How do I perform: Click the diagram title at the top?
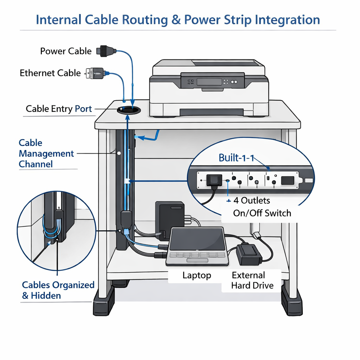(178, 19)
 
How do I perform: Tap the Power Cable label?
(66, 51)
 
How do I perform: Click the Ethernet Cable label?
(50, 73)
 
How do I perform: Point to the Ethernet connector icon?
(96, 73)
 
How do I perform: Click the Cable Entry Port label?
(59, 109)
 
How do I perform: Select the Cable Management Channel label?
(46, 154)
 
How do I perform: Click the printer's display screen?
(209, 82)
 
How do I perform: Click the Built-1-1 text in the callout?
(236, 157)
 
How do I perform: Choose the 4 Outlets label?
(252, 200)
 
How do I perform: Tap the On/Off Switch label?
(262, 213)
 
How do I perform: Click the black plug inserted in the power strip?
(213, 180)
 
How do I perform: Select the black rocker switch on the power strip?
(288, 180)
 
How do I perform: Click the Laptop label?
(197, 275)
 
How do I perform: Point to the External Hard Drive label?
(252, 280)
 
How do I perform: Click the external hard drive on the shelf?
(249, 255)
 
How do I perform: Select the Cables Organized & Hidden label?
(58, 290)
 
